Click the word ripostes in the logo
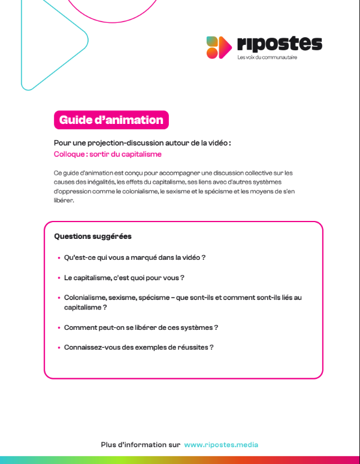279,44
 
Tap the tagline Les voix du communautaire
267,58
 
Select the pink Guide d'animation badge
111,120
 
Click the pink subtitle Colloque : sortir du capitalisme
108,154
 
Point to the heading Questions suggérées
93,236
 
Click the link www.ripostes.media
222,445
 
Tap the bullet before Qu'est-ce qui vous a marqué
59,258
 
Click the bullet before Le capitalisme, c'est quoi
59,278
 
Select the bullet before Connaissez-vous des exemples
59,348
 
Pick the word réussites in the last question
193,347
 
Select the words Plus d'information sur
141,445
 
